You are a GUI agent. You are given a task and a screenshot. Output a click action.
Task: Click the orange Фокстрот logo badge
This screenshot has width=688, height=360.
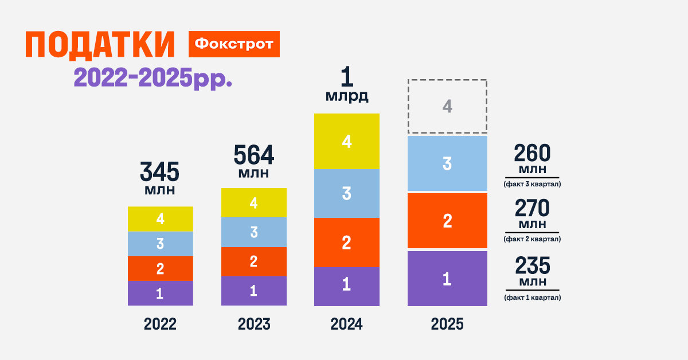(234, 44)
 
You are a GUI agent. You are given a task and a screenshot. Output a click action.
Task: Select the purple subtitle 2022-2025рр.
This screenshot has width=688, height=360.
(153, 77)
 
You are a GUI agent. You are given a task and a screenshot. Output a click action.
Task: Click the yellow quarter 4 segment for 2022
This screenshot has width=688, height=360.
(160, 218)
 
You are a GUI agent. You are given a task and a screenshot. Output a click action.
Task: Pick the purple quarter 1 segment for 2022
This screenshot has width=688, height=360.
(160, 293)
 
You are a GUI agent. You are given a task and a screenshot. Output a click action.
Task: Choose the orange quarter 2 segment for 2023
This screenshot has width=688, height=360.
(253, 261)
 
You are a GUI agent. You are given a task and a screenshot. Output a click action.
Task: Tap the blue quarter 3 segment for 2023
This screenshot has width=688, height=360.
(253, 232)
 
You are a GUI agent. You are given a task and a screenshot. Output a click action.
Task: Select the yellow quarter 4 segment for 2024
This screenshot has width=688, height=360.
(346, 141)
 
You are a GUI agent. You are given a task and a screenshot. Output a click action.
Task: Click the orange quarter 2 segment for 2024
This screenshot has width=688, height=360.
(346, 242)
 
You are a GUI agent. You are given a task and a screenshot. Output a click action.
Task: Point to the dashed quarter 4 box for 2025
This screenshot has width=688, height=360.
(447, 106)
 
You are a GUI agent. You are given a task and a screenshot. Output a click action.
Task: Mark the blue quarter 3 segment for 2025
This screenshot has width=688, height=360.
(447, 163)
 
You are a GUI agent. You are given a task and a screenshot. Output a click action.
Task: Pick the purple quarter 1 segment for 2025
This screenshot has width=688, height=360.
(447, 279)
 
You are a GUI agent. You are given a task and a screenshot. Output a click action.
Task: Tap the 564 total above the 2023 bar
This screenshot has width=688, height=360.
(253, 155)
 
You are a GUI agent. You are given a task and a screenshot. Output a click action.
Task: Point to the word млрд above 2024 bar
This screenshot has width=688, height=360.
(346, 96)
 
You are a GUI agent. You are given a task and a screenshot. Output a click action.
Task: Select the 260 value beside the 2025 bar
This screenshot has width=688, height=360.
(532, 154)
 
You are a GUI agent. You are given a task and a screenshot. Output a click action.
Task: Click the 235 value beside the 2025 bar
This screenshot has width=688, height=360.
(532, 266)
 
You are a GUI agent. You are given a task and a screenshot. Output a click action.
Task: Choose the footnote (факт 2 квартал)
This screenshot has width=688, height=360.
(532, 239)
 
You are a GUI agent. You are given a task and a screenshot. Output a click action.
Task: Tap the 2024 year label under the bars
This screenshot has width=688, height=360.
(346, 324)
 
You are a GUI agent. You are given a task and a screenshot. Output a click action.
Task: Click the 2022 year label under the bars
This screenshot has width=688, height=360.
(160, 324)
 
